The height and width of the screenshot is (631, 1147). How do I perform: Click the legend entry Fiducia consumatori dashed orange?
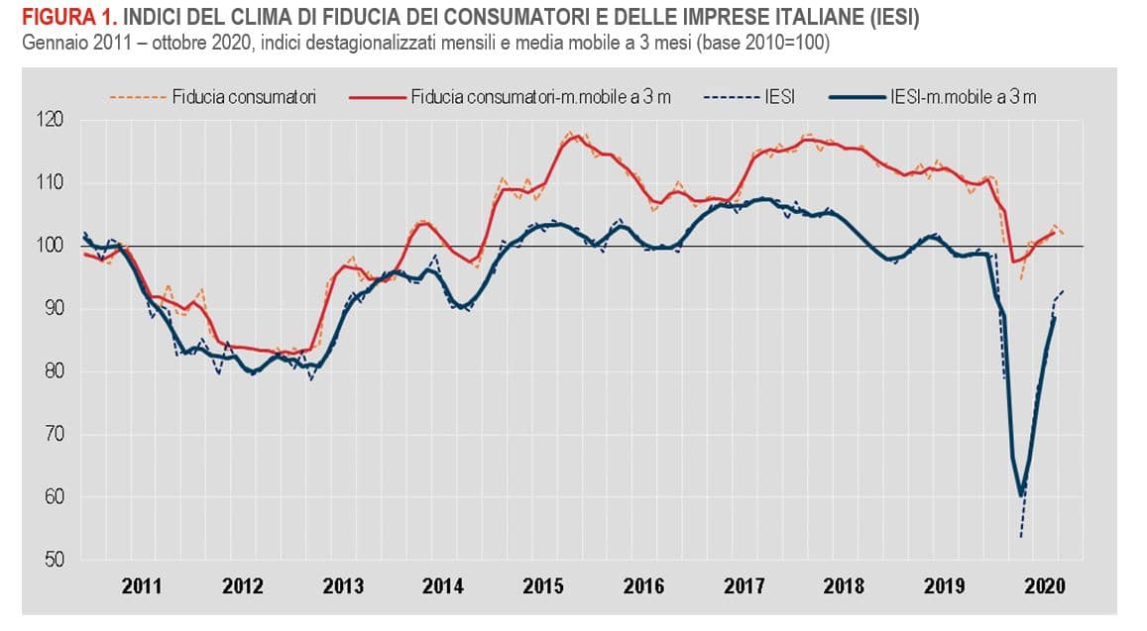click(213, 96)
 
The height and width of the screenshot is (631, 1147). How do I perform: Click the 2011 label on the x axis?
click(143, 586)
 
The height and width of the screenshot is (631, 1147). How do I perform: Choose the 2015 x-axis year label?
click(543, 586)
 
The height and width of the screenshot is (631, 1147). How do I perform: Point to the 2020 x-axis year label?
click(1045, 586)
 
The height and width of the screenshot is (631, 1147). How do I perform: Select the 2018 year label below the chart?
click(845, 586)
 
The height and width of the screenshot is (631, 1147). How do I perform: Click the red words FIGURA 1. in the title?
click(62, 18)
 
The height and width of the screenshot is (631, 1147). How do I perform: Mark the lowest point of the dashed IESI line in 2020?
click(1020, 537)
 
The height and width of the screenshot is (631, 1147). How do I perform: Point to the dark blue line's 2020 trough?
click(1021, 494)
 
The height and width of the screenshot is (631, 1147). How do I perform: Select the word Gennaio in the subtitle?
click(37, 46)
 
